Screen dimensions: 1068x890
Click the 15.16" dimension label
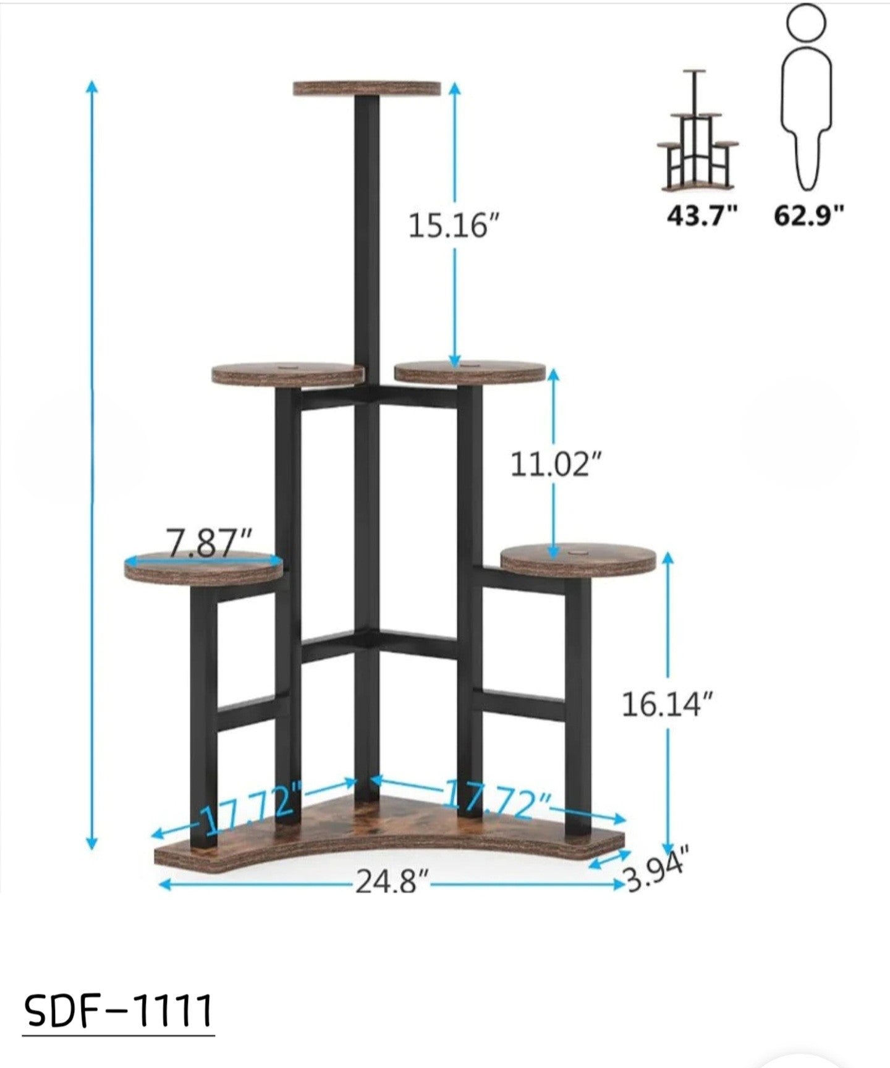452,226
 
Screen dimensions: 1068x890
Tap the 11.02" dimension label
556,464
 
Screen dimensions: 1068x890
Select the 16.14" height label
667,705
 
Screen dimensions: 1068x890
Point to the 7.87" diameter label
210,543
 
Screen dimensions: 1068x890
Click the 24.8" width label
392,882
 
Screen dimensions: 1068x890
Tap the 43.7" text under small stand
702,216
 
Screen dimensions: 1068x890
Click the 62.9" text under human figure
809,216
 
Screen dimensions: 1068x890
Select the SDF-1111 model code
119,1011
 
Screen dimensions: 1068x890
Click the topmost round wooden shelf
367,88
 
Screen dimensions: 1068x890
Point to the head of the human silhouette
806,22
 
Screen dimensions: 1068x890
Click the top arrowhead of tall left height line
91,86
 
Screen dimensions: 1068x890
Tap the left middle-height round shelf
287,375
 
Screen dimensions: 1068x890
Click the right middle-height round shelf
470,372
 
